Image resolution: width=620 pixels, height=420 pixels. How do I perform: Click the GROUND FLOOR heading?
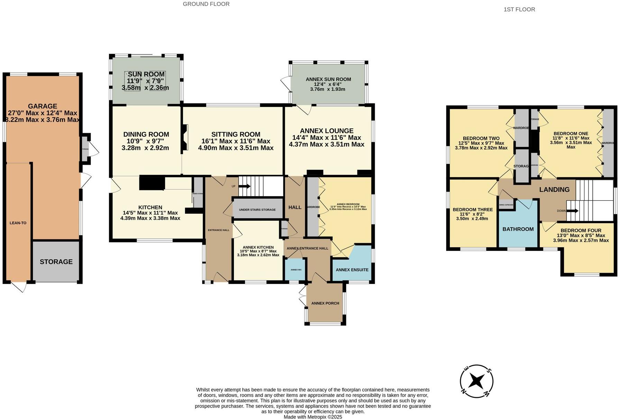(206, 4)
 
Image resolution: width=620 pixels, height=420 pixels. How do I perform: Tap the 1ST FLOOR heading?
(519, 10)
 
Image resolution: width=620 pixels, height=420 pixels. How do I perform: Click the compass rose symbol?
(476, 382)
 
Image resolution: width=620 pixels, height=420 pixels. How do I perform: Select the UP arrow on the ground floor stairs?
(244, 186)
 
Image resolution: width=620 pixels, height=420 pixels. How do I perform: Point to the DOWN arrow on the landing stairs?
(572, 211)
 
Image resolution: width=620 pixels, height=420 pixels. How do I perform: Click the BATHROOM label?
(518, 229)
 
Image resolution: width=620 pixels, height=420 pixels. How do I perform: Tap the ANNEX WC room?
(296, 270)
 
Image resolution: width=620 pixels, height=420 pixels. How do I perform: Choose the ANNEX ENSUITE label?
(352, 270)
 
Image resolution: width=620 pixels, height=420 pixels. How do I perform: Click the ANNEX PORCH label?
(325, 303)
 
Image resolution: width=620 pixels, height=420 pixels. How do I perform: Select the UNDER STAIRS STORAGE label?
(257, 210)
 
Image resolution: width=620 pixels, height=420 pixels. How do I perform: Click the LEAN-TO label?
(18, 223)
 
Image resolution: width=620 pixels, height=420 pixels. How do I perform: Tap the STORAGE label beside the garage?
(56, 262)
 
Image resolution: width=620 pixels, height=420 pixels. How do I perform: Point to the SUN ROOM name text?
(146, 74)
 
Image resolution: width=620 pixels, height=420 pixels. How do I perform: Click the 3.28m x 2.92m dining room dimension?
(145, 148)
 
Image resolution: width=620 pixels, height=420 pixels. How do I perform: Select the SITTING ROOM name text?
(236, 134)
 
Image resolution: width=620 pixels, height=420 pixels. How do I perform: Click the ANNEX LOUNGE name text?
(327, 131)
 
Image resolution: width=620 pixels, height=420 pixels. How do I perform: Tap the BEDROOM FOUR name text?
(581, 230)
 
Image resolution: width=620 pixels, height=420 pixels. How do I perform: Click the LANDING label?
(554, 190)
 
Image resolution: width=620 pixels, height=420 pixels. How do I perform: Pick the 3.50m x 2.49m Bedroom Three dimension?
(472, 219)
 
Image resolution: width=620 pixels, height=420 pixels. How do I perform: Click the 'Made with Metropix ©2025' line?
(313, 417)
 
